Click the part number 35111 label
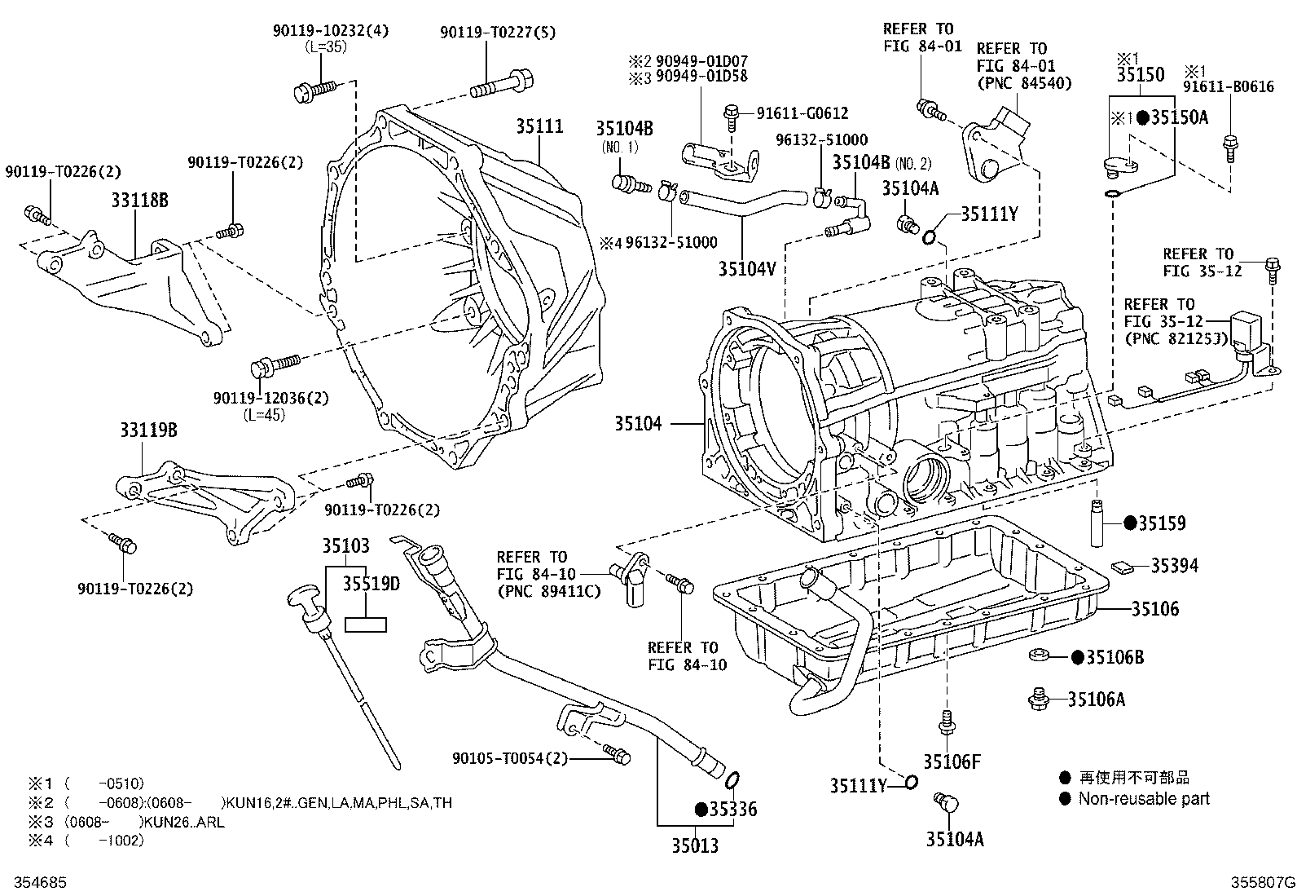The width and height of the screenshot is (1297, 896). pyautogui.click(x=539, y=126)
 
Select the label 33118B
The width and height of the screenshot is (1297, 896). pyautogui.click(x=139, y=200)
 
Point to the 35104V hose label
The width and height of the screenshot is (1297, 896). pyautogui.click(x=747, y=266)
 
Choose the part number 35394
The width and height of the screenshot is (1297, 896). pyautogui.click(x=1174, y=565)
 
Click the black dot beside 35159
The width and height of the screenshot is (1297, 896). pyautogui.click(x=1129, y=523)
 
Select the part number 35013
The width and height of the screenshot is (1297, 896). pyautogui.click(x=695, y=845)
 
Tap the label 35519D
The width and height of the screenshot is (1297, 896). pyautogui.click(x=371, y=583)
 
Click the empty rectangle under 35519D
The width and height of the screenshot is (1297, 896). pyautogui.click(x=366, y=625)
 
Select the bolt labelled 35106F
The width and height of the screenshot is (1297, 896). pyautogui.click(x=946, y=721)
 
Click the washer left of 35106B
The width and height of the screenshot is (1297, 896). pyautogui.click(x=1039, y=655)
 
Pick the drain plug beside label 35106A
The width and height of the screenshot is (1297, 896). pyautogui.click(x=1038, y=697)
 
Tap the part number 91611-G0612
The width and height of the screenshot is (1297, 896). pyautogui.click(x=802, y=113)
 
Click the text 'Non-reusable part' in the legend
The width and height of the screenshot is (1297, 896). pyautogui.click(x=1144, y=799)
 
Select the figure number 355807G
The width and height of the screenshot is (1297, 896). pyautogui.click(x=1262, y=882)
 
